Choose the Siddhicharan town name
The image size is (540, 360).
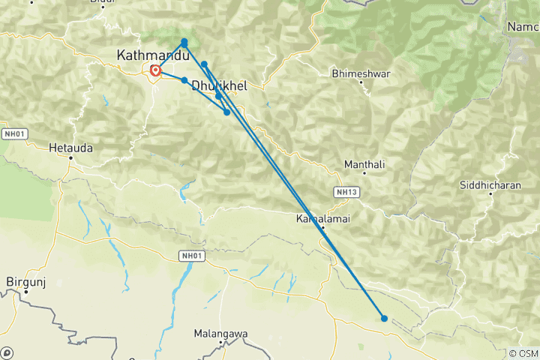(x=490, y=185)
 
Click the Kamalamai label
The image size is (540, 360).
(x=322, y=219)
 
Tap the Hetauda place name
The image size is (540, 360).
(x=70, y=148)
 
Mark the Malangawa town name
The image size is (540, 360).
(x=221, y=332)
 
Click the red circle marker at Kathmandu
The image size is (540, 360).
(x=155, y=71)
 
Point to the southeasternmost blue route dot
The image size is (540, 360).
(x=384, y=318)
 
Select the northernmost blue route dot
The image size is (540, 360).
(x=184, y=42)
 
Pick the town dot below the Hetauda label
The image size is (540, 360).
(x=70, y=157)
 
